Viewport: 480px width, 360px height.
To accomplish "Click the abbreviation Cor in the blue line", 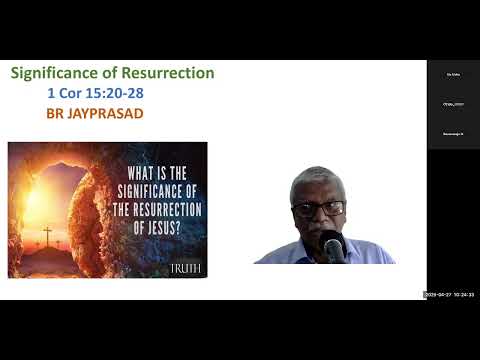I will point(72,94).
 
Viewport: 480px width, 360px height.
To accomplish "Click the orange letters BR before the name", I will point(55,113).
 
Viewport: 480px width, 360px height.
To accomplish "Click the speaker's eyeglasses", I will point(319,209).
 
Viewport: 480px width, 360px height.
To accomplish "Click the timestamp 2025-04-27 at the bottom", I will point(437,294).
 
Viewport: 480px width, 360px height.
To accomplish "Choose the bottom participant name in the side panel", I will point(453,133).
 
